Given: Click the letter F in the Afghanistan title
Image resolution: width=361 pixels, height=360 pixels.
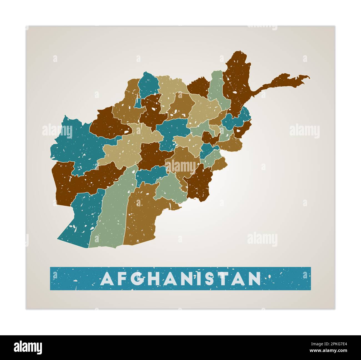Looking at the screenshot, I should point(123,279).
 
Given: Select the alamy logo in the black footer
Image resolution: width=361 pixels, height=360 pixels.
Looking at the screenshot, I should point(28,347).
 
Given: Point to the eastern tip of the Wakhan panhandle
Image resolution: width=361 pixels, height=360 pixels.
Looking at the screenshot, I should point(308,77).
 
